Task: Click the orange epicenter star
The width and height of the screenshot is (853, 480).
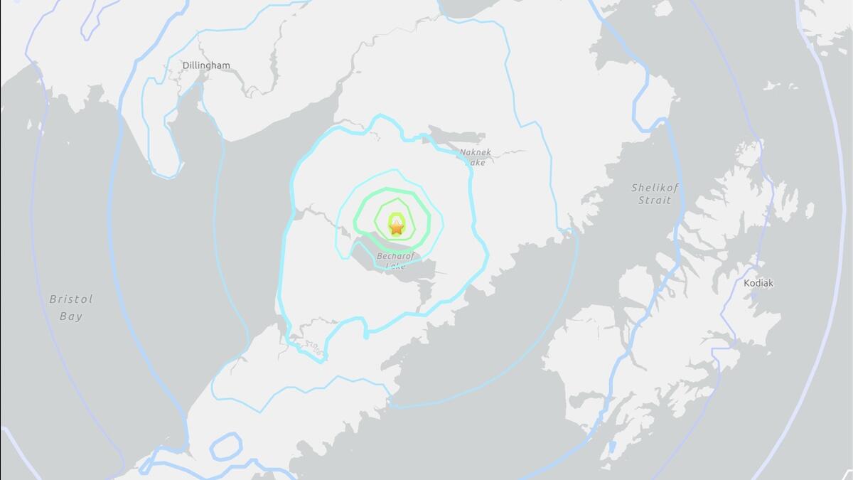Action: tap(397, 228)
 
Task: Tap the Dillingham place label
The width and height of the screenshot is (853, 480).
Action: tap(206, 65)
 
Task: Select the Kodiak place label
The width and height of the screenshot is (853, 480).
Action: tap(758, 283)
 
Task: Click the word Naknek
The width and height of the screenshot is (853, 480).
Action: tap(476, 152)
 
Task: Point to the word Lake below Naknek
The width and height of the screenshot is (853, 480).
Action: tap(475, 162)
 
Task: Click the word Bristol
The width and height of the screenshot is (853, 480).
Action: tap(71, 299)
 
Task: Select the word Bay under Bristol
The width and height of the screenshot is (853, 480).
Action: tap(71, 316)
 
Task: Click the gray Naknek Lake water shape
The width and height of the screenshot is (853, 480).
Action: tap(455, 135)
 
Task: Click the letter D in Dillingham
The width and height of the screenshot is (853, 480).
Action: tap(186, 65)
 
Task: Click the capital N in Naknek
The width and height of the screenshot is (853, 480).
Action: tap(463, 152)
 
